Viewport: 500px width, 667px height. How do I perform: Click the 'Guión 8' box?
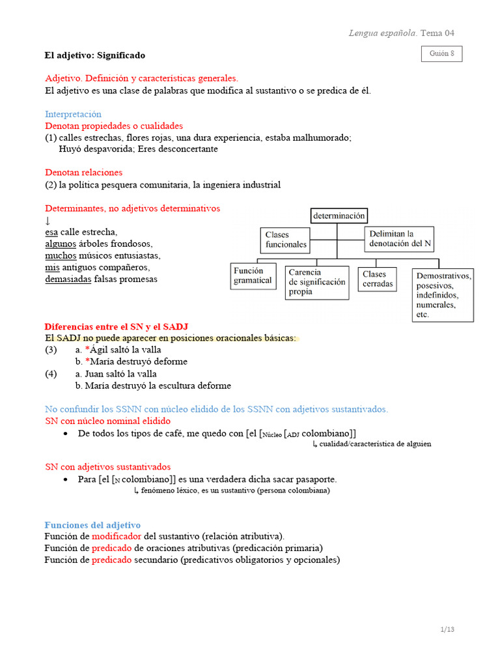(x=442, y=54)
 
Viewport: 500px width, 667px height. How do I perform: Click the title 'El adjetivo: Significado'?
(x=95, y=55)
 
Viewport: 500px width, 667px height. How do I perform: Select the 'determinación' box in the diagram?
(x=339, y=216)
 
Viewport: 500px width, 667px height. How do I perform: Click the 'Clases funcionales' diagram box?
(x=286, y=240)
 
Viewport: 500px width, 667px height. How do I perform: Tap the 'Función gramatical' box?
(x=253, y=276)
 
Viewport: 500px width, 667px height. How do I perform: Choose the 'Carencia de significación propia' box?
(x=317, y=282)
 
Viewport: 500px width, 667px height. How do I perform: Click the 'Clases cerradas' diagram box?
(x=378, y=279)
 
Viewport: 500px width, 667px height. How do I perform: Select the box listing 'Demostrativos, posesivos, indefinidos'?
(x=443, y=295)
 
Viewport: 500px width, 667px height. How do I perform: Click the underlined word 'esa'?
(x=51, y=232)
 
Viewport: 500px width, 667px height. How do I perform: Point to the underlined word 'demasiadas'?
(x=68, y=279)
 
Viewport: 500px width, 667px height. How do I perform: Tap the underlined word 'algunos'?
(x=61, y=244)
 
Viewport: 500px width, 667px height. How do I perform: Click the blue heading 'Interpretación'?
(x=73, y=114)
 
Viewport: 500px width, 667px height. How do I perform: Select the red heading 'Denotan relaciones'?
(x=83, y=173)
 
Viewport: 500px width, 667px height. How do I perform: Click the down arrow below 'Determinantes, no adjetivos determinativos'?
(x=48, y=221)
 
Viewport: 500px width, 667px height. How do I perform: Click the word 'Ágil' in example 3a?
(x=99, y=350)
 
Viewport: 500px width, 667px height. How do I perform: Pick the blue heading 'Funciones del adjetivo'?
(x=92, y=525)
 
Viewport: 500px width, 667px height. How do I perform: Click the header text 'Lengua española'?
(x=383, y=33)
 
